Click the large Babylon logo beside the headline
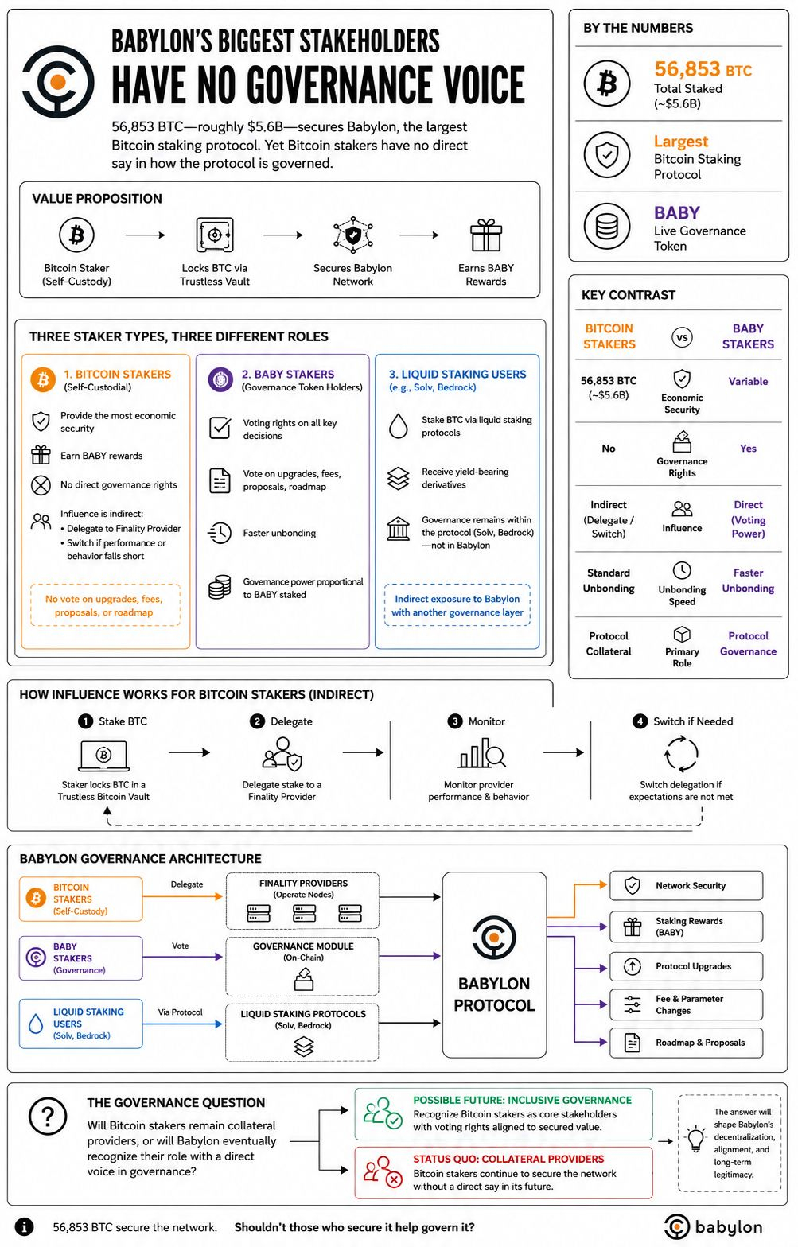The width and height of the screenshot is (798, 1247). coord(58,82)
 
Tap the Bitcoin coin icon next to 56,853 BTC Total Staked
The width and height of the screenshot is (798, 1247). coord(607,84)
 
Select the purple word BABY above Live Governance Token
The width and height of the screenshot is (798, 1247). coord(676,212)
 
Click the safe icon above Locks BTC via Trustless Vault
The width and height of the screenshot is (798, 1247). coord(214,235)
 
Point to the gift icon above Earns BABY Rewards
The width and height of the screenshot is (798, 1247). coord(486,235)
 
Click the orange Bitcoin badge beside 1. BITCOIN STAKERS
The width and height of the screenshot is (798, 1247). coord(43,379)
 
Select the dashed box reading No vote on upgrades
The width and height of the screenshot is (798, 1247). coord(105,605)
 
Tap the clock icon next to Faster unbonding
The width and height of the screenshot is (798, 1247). coord(220,533)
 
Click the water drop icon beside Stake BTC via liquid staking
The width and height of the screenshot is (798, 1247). coord(398,426)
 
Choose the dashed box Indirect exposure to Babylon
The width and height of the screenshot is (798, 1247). coord(457,605)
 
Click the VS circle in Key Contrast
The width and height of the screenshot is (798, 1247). coord(682,337)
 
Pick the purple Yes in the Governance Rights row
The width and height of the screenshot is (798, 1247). coord(748,449)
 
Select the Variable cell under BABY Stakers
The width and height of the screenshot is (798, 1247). coord(748,382)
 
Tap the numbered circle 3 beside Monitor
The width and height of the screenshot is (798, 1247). coord(455,721)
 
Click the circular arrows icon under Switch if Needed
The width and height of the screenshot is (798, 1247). coord(681,754)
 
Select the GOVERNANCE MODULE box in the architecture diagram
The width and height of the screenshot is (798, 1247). coord(302,966)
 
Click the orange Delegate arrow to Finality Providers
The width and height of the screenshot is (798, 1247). coord(183,896)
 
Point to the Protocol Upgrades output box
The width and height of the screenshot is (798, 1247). coord(686,966)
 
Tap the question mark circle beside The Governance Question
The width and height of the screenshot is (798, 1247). coord(48,1117)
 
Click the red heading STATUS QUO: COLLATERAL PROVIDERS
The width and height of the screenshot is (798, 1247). coord(508,1159)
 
